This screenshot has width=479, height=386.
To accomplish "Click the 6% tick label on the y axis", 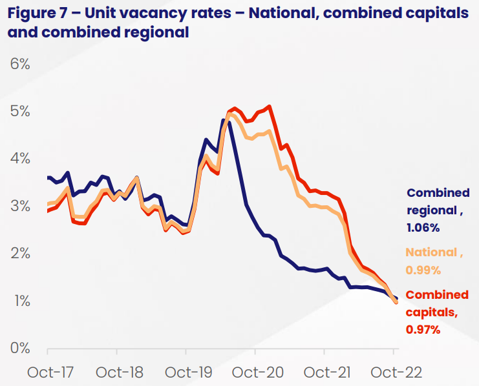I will [x=20, y=64].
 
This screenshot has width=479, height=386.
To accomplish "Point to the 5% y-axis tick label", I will [x=20, y=111].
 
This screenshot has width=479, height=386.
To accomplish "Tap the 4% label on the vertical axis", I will [x=20, y=159].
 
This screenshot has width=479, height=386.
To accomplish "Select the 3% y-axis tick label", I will [x=20, y=206].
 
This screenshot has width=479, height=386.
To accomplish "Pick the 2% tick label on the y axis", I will [x=20, y=253].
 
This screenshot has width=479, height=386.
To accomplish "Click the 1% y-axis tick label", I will [x=20, y=301].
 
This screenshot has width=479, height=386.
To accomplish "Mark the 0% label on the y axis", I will [x=20, y=348].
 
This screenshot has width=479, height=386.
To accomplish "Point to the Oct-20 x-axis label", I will [x=255, y=372].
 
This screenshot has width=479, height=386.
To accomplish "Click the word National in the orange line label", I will [x=431, y=253].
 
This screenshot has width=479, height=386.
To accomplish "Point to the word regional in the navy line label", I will [x=431, y=210].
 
